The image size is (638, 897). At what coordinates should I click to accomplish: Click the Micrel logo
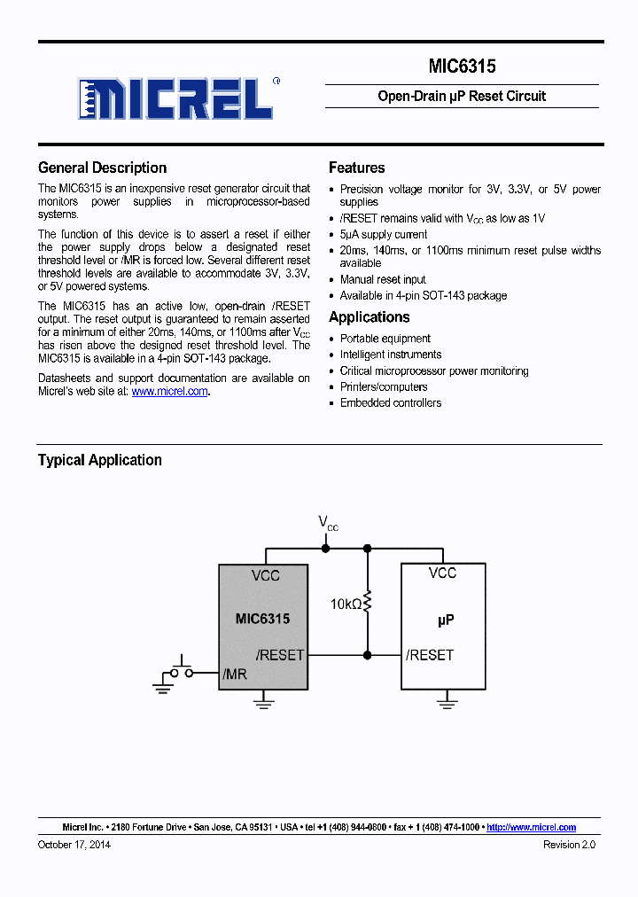[x=175, y=97]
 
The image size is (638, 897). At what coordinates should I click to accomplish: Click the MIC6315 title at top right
[x=462, y=66]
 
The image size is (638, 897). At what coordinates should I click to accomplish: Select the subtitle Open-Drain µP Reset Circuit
[x=462, y=96]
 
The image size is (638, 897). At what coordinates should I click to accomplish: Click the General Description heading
[x=102, y=168]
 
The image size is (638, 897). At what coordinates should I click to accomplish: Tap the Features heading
[x=356, y=168]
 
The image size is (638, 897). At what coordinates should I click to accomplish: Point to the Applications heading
[x=369, y=317]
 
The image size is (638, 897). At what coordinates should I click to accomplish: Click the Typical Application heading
[x=99, y=460]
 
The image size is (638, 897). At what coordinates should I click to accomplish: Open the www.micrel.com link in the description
[x=169, y=391]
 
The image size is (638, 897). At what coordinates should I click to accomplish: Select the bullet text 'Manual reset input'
[x=383, y=279]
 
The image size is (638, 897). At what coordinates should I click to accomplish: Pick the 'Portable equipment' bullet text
[x=385, y=339]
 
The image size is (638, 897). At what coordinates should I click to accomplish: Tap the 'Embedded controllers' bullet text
[x=391, y=402]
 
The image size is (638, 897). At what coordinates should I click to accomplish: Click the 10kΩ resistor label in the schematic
[x=346, y=604]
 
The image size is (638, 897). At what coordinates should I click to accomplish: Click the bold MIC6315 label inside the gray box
[x=262, y=619]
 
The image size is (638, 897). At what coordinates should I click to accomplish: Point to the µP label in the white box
[x=446, y=620]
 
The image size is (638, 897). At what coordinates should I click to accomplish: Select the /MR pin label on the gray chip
[x=235, y=675]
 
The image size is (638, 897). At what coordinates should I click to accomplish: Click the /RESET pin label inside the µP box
[x=430, y=655]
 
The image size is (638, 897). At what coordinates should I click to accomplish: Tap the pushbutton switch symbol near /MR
[x=183, y=670]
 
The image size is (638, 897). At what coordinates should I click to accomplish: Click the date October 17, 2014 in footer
[x=74, y=845]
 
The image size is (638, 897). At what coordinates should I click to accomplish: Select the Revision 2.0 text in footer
[x=569, y=845]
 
